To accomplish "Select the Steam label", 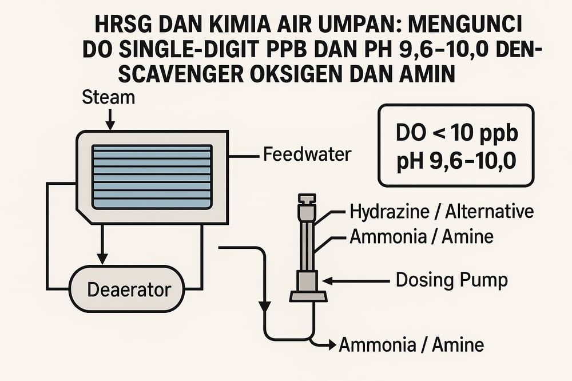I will click(109, 97).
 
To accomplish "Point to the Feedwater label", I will click(307, 154).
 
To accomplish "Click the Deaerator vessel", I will click(129, 289).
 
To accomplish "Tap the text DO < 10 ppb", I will click(456, 134).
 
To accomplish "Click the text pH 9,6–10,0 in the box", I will click(456, 163).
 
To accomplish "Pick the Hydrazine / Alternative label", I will click(441, 212).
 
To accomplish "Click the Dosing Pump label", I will click(452, 280).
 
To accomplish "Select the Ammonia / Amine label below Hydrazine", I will click(421, 236).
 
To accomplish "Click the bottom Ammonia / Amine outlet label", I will click(411, 345).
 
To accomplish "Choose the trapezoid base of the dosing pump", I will click(308, 296).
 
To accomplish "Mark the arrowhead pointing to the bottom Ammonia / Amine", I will click(331, 344).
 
